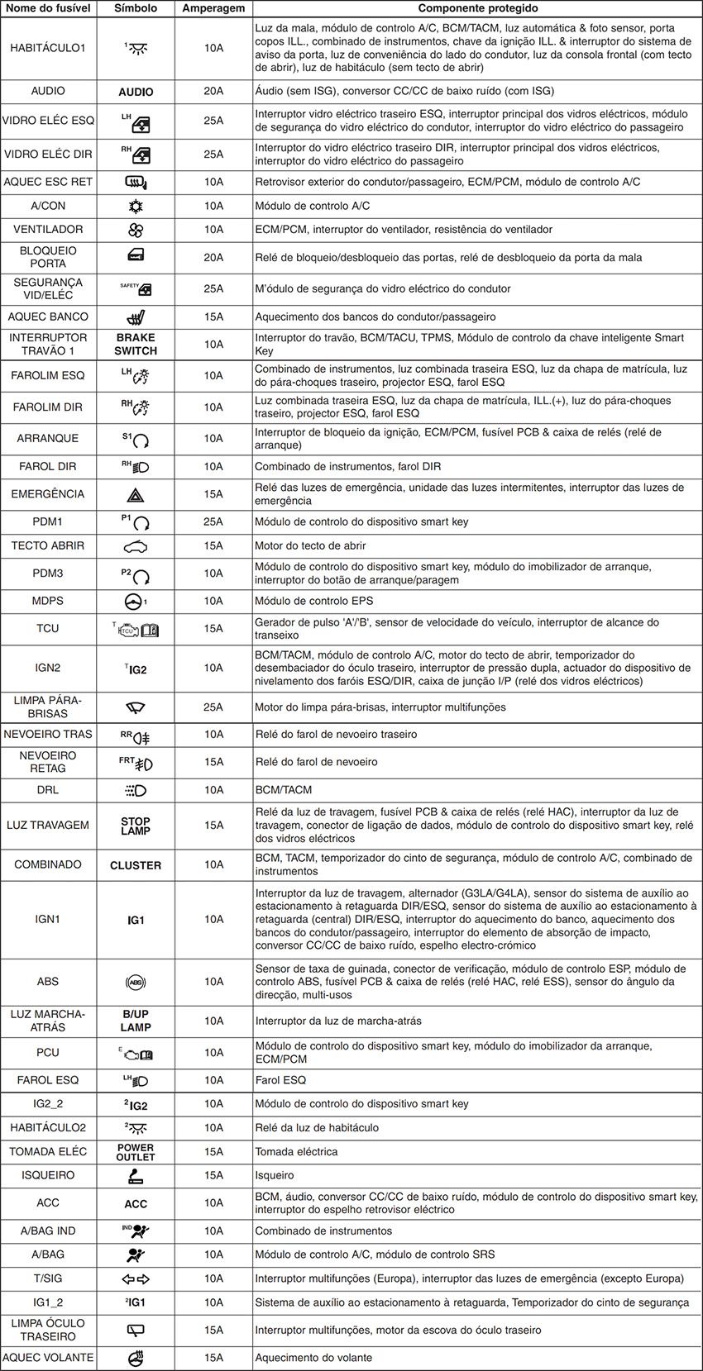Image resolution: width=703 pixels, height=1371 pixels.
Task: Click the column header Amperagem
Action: pyautogui.click(x=213, y=8)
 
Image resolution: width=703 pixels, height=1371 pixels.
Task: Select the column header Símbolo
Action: pyautogui.click(x=136, y=8)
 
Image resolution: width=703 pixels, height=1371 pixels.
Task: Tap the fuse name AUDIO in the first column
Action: pyautogui.click(x=48, y=91)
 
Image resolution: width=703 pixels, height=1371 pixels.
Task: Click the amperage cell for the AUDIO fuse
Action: pyautogui.click(x=213, y=91)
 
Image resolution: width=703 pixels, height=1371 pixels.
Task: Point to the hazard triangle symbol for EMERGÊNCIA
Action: pyautogui.click(x=136, y=494)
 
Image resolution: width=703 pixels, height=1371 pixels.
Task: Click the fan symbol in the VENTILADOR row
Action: pyautogui.click(x=136, y=229)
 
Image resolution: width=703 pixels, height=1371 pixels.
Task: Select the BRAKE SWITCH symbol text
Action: pyautogui.click(x=136, y=344)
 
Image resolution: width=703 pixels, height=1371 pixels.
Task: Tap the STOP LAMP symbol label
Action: pyautogui.click(x=136, y=826)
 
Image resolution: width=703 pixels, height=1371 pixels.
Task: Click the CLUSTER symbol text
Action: pyautogui.click(x=136, y=865)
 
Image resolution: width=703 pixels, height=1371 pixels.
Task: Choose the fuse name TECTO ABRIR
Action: pyautogui.click(x=48, y=545)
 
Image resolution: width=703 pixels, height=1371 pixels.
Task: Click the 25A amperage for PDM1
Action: pyautogui.click(x=213, y=521)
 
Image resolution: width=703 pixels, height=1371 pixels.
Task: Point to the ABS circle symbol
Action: pyautogui.click(x=136, y=982)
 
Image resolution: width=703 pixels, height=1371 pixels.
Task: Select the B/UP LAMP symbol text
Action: pyautogui.click(x=136, y=1021)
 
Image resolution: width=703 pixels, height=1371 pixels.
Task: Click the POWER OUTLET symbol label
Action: pyautogui.click(x=136, y=1152)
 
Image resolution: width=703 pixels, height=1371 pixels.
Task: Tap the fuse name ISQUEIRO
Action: pyautogui.click(x=48, y=1175)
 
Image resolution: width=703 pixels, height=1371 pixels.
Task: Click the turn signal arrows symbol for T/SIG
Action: pyautogui.click(x=136, y=1278)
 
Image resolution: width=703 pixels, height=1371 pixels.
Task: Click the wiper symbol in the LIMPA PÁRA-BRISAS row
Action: pyautogui.click(x=136, y=707)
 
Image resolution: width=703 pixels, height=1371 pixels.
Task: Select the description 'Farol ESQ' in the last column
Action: pyautogui.click(x=280, y=1080)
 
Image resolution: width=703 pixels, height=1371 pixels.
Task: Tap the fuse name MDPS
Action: pyautogui.click(x=48, y=601)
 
